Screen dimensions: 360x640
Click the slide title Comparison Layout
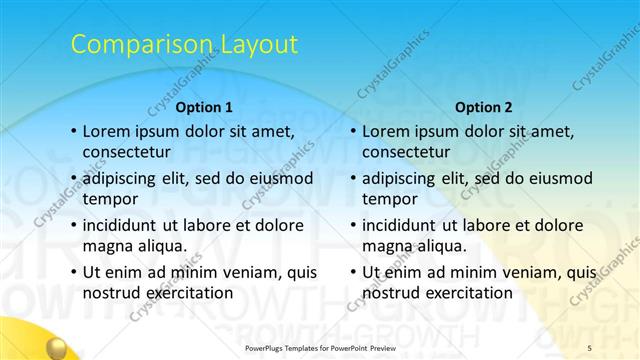tap(184, 44)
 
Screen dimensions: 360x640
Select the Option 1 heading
tap(204, 106)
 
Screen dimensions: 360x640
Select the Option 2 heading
tap(483, 106)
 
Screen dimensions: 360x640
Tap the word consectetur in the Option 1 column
tap(126, 152)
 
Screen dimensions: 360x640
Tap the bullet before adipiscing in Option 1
tap(73, 179)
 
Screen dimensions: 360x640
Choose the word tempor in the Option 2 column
tap(389, 200)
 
